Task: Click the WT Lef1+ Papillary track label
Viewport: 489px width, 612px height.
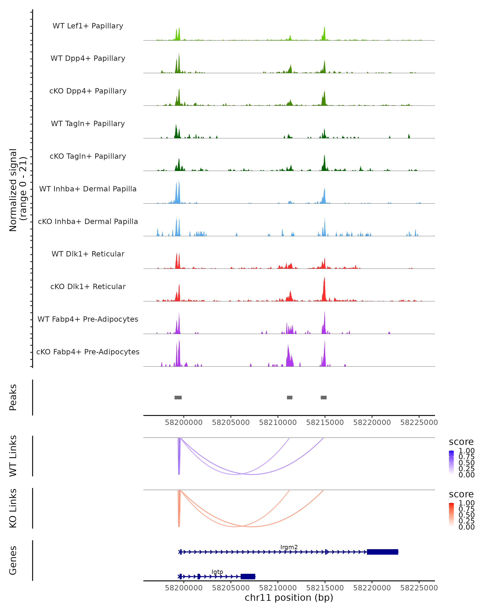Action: pos(88,26)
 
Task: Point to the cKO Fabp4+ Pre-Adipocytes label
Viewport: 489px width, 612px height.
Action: pos(88,352)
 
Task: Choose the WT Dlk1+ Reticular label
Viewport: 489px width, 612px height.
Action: pos(88,254)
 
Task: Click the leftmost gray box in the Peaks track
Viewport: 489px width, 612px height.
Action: pos(178,397)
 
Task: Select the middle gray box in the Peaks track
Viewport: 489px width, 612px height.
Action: pos(290,397)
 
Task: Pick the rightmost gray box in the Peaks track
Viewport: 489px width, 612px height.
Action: pos(323,397)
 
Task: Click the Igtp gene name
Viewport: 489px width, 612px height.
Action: pos(217,572)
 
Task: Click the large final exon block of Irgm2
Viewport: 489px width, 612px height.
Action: pos(382,552)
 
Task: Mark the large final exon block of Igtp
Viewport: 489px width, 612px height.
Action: pos(248,577)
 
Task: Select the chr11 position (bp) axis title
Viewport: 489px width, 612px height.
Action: pos(289,598)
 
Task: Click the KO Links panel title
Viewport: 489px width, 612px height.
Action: pos(13,508)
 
